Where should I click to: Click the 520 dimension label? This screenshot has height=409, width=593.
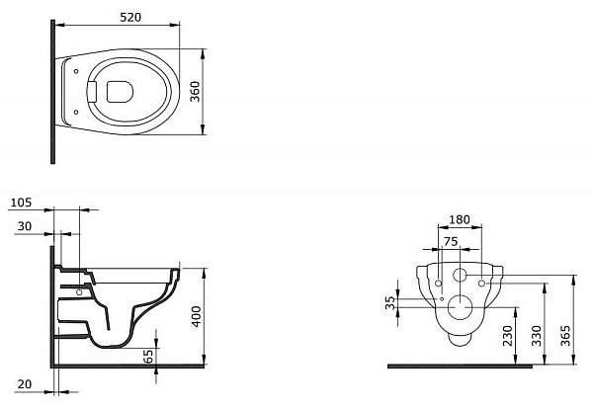[x=130, y=18]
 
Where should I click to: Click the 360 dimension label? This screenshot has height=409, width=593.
[x=195, y=92]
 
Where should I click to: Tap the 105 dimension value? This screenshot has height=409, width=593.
[x=21, y=203]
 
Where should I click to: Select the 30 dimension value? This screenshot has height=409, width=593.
[x=25, y=226]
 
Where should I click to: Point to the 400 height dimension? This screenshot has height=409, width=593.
[x=197, y=316]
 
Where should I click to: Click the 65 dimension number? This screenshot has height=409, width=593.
[x=149, y=356]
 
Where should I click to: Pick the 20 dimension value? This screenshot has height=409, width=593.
[x=25, y=384]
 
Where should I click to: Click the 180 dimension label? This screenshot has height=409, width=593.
[x=460, y=219]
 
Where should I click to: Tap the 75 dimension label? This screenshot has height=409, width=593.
[x=451, y=241]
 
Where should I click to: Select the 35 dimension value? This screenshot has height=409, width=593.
[x=390, y=302]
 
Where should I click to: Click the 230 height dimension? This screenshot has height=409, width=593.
[x=508, y=336]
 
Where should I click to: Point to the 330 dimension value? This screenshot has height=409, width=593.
[x=537, y=336]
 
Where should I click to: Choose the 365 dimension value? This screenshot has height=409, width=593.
[x=565, y=336]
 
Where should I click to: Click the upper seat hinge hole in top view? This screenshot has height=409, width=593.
[x=76, y=71]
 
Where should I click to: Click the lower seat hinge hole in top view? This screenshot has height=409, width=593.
[x=76, y=112]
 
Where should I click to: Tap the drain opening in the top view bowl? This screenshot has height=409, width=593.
[x=120, y=92]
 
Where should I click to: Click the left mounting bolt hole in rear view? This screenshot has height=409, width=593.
[x=438, y=284]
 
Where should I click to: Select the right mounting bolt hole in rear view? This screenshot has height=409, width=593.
[x=482, y=284]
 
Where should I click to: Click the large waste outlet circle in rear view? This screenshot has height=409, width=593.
[x=460, y=306]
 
